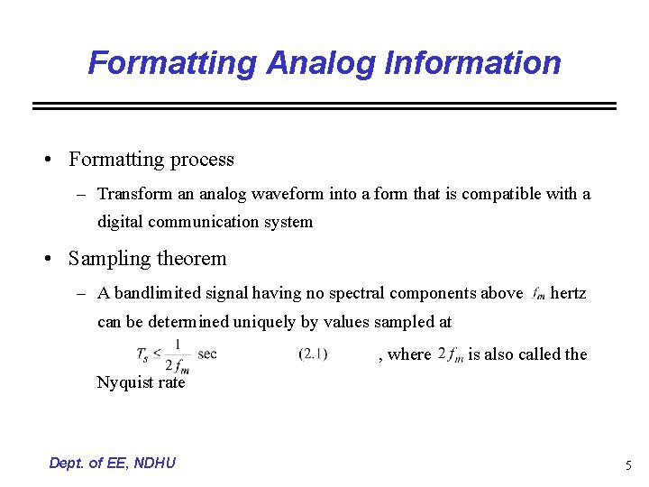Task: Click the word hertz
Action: click(x=568, y=293)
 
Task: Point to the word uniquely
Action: click(x=264, y=321)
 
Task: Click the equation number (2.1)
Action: click(x=313, y=354)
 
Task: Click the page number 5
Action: click(x=628, y=465)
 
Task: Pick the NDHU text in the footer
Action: click(x=153, y=464)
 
